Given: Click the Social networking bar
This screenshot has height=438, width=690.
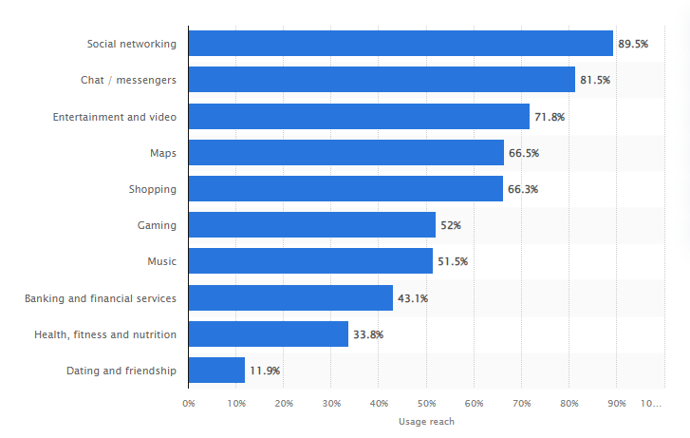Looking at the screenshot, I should [401, 44].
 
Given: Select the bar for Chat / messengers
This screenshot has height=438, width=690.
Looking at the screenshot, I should [382, 80].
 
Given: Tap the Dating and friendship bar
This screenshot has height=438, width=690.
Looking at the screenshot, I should [216, 371].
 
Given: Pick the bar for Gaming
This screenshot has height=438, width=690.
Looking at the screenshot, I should [311, 225].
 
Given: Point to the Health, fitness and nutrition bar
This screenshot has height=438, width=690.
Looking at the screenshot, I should [269, 334].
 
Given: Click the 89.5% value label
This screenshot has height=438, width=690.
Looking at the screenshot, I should [633, 44].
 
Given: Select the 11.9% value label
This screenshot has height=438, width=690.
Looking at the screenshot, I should [265, 371].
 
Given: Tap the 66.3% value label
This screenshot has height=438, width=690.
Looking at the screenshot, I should [523, 189].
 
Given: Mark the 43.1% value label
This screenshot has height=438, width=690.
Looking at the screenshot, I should [413, 298].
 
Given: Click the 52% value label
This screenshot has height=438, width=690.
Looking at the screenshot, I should [451, 225].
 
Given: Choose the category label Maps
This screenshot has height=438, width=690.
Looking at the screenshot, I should [162, 152].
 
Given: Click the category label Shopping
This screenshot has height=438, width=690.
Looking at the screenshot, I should [153, 189].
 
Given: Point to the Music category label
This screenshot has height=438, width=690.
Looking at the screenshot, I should [162, 261].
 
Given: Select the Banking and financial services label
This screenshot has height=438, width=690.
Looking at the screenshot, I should [101, 298].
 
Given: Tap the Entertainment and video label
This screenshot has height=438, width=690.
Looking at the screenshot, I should [115, 116].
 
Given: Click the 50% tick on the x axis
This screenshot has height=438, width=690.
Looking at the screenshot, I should [426, 404].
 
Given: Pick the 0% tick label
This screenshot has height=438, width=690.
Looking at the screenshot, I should [189, 404].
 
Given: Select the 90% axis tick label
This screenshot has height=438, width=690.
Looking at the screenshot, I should [616, 404].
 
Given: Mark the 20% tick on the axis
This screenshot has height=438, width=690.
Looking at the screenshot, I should [284, 404].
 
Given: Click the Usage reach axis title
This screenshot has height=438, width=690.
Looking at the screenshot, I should [426, 422].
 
